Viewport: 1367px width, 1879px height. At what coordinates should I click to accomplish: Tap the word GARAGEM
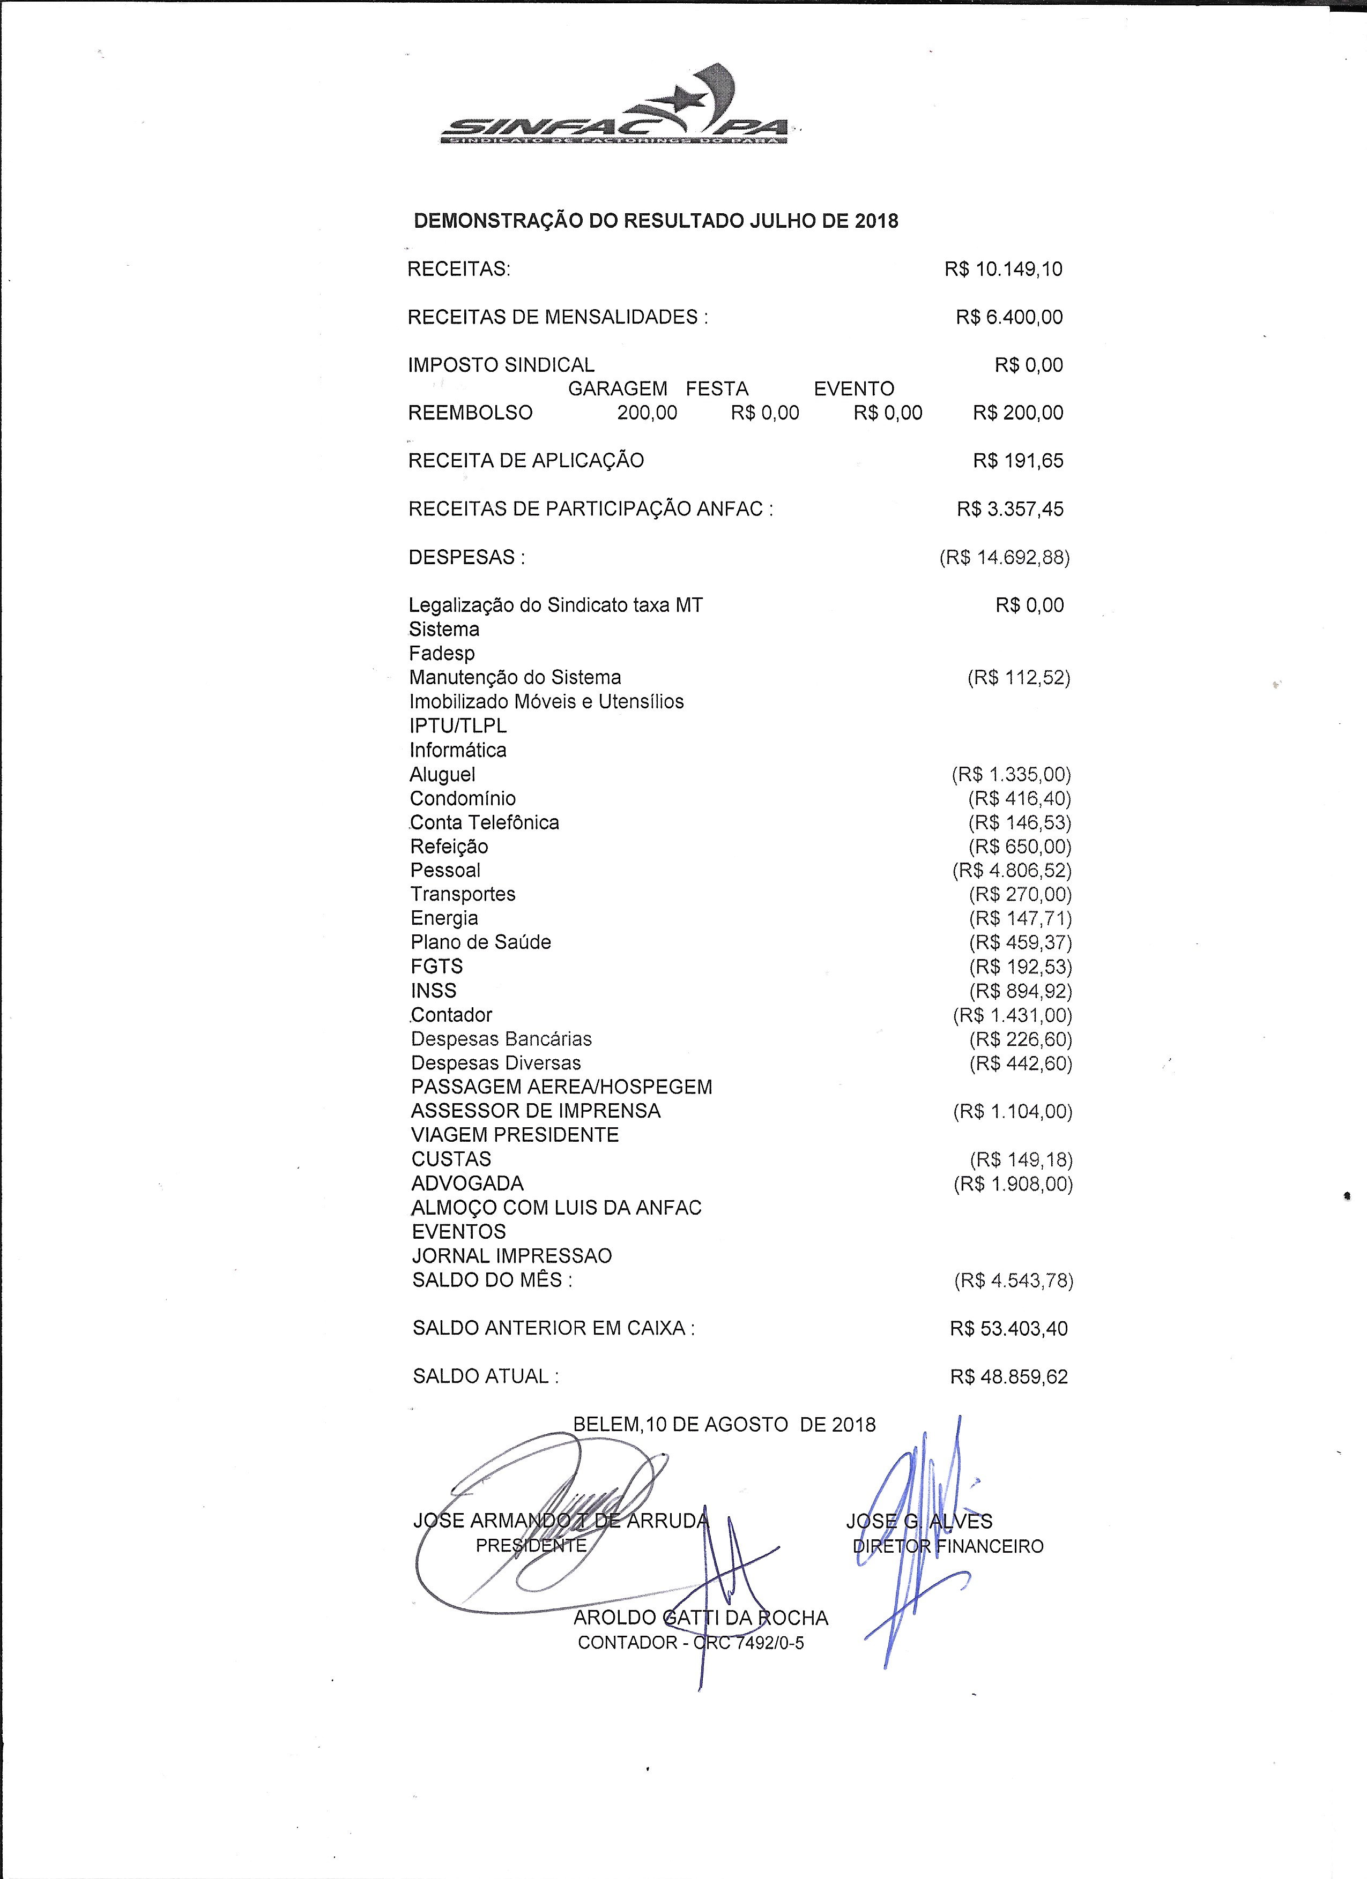(x=618, y=388)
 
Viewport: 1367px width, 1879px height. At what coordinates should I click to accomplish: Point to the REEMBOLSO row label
(x=470, y=413)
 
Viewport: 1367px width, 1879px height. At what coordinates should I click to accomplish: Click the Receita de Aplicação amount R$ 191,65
(x=1018, y=461)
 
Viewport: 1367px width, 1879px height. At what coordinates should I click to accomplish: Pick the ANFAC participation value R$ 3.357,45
(x=1010, y=508)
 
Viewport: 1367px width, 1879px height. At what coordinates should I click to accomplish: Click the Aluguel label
(x=443, y=775)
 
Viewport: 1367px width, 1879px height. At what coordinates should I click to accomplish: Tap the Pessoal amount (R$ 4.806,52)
(x=1012, y=871)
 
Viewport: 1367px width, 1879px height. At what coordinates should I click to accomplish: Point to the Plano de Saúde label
(x=481, y=943)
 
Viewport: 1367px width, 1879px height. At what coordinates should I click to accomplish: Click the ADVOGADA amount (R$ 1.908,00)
(x=1013, y=1184)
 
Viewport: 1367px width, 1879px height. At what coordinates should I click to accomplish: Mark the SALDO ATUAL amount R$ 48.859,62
(x=1009, y=1377)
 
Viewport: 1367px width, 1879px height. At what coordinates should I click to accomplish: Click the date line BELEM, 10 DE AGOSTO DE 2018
(x=724, y=1424)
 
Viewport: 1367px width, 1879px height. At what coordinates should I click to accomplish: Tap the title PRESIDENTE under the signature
(x=531, y=1545)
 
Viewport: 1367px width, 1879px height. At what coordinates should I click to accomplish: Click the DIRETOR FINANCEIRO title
(x=948, y=1546)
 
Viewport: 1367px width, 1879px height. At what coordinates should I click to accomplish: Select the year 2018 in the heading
(x=876, y=221)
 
